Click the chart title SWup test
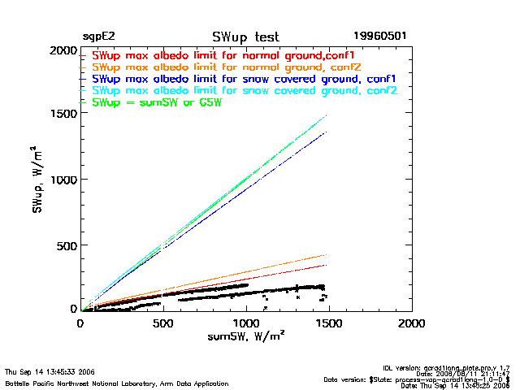click(245, 37)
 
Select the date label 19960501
click(379, 37)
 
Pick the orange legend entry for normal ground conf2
click(227, 67)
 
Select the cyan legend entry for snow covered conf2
click(245, 91)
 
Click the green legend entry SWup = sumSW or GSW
click(157, 103)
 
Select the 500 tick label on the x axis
click(163, 323)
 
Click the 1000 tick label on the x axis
click(246, 323)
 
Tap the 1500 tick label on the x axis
click(329, 323)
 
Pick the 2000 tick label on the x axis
click(412, 323)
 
